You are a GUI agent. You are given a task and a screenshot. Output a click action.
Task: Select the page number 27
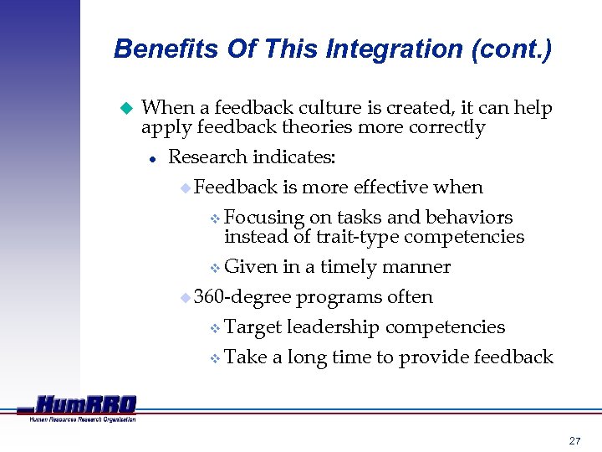pyautogui.click(x=574, y=439)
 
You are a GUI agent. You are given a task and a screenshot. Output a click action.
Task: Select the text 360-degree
pyautogui.click(x=242, y=297)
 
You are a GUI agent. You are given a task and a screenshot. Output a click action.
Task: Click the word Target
pyautogui.click(x=254, y=327)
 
